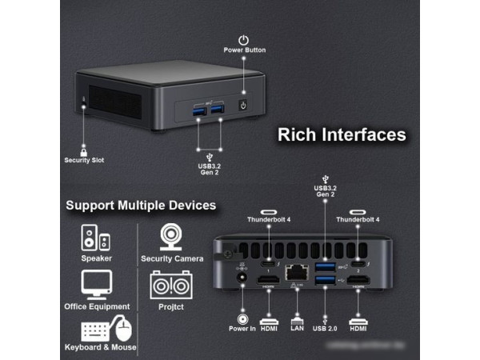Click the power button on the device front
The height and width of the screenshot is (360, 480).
pyautogui.click(x=244, y=105)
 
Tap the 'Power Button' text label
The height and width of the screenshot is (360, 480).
pyautogui.click(x=244, y=50)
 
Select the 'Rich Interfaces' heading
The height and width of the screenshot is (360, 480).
pyautogui.click(x=342, y=134)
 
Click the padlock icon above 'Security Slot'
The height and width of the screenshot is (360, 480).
pyautogui.click(x=83, y=150)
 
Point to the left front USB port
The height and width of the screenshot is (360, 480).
pyautogui.click(x=198, y=109)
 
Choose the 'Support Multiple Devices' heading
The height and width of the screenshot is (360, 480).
pyautogui.click(x=141, y=206)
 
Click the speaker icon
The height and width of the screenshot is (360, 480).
pyautogui.click(x=96, y=238)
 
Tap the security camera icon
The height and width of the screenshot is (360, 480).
pyautogui.click(x=171, y=238)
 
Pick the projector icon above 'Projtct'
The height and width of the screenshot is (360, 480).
pyautogui.click(x=171, y=285)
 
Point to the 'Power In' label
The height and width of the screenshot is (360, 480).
pyautogui.click(x=242, y=328)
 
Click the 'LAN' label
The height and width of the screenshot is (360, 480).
pyautogui.click(x=297, y=328)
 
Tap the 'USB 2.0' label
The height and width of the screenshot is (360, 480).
pyautogui.click(x=326, y=328)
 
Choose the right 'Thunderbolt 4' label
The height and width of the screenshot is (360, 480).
pyautogui.click(x=358, y=219)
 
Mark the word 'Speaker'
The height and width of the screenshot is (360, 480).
pyautogui.click(x=96, y=258)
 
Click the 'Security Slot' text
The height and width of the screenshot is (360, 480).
pyautogui.click(x=84, y=160)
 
